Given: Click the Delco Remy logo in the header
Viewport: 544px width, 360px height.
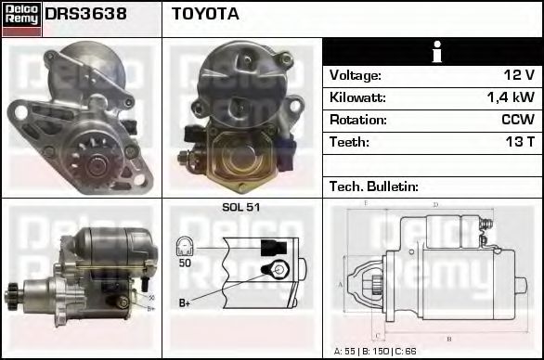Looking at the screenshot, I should point(20,19).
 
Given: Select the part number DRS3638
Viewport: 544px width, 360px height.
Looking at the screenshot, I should point(86,14).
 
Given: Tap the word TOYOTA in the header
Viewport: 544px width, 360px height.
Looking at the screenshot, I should point(205,14).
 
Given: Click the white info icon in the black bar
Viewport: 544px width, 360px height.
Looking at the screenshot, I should point(433,52).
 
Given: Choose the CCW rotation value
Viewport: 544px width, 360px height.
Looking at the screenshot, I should point(516,120).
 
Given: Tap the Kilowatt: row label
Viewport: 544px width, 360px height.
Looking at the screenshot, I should point(357,97).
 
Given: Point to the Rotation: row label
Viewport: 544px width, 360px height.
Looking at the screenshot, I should point(356,120).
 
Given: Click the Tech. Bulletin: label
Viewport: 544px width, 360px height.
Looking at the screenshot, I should point(374,186).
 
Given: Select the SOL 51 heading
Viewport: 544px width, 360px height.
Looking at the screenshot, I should point(241,207).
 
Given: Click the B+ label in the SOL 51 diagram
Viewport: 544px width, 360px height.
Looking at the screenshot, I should point(185,303).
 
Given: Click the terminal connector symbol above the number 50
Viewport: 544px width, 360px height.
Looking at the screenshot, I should point(185,247).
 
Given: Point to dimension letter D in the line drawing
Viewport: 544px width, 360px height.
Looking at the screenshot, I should point(435,204).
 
